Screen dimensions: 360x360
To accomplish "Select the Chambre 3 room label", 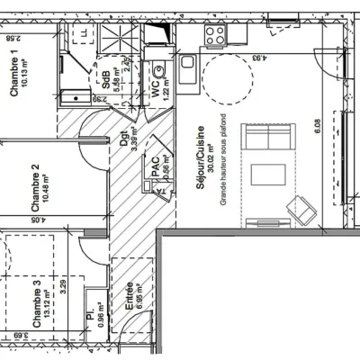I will pos(37,303).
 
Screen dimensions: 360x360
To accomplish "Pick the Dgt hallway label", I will pos(123,141).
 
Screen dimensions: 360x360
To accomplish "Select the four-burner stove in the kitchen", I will pos(215,35).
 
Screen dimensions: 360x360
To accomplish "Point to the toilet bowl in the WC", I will pos(159,69).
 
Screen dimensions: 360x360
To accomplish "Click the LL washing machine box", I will pos(84,33).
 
